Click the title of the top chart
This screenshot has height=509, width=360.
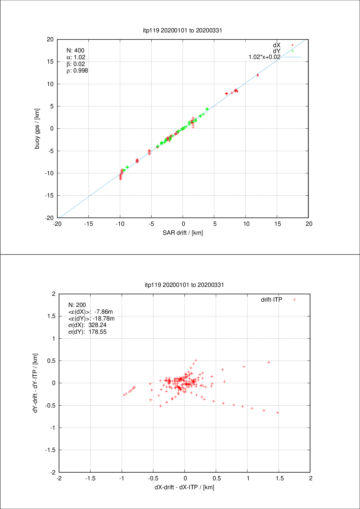click(x=182, y=30)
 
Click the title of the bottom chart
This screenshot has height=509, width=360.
click(x=184, y=285)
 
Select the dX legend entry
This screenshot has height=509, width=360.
click(x=276, y=45)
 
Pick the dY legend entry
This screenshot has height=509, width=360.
click(x=276, y=51)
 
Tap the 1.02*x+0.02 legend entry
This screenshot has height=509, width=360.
click(x=264, y=57)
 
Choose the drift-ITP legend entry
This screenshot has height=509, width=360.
click(x=272, y=300)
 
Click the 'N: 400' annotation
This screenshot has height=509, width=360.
click(x=75, y=51)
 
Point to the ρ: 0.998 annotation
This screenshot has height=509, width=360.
click(x=77, y=71)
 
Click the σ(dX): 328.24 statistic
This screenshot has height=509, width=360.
click(x=87, y=325)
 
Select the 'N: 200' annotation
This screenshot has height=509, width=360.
click(x=77, y=305)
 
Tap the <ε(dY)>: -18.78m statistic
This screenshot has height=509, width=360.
click(x=91, y=318)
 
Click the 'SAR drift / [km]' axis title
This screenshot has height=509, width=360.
click(x=183, y=233)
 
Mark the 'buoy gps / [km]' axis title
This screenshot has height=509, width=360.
click(x=37, y=129)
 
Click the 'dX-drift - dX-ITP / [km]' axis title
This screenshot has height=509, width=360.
click(x=184, y=487)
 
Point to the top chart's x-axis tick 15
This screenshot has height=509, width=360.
click(x=277, y=224)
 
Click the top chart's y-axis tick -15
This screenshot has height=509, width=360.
click(x=49, y=196)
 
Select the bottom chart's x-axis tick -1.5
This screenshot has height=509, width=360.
click(x=90, y=478)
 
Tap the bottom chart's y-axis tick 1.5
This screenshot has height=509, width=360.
click(x=51, y=316)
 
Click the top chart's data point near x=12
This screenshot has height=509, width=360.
click(x=258, y=75)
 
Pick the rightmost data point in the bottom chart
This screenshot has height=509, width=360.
click(x=278, y=413)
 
